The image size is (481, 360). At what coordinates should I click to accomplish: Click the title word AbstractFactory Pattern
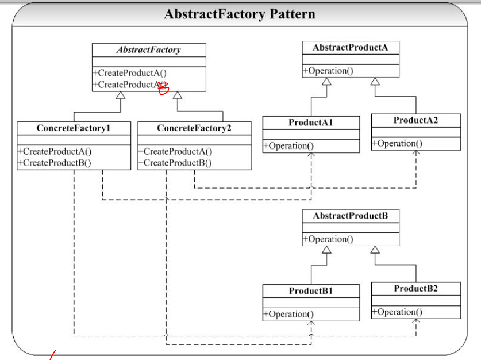[x=240, y=14]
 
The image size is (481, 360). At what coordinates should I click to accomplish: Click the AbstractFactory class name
[x=149, y=49]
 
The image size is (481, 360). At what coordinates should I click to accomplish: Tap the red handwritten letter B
[x=164, y=88]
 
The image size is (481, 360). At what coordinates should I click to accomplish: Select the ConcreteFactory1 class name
[x=74, y=128]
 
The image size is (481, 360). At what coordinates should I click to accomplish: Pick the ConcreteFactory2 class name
[x=194, y=128]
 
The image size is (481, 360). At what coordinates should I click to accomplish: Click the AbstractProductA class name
[x=351, y=48]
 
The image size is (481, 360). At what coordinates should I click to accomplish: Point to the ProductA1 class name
[x=311, y=122]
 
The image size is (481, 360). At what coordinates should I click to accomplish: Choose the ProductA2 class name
[x=415, y=120]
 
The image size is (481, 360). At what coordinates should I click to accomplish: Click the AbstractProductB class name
[x=351, y=216]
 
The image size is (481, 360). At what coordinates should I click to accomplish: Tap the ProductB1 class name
[x=311, y=290]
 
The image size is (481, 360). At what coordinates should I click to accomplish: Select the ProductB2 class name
[x=415, y=289]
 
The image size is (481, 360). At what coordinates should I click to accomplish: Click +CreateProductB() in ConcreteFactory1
[x=54, y=163]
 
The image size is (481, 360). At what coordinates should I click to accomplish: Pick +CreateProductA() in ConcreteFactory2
[x=175, y=152]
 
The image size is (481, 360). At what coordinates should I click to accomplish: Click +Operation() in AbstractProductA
[x=328, y=71]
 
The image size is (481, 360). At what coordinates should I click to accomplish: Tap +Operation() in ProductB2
[x=397, y=312]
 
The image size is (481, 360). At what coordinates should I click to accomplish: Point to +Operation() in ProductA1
[x=288, y=145]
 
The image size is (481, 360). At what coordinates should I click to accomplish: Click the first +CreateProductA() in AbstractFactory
[x=130, y=73]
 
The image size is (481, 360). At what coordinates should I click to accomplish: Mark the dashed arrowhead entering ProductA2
[x=416, y=153]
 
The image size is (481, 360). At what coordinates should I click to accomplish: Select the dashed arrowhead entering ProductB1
[x=311, y=323]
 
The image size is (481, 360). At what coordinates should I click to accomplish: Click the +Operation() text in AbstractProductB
[x=328, y=239]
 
